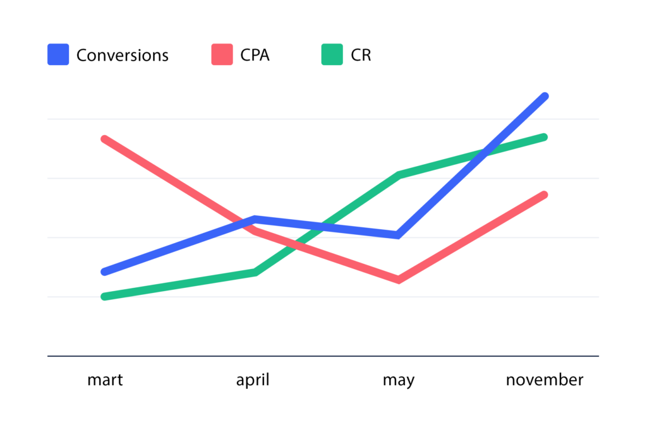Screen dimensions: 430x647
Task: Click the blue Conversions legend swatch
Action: [x=58, y=55]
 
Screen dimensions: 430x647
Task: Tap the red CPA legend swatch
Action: [x=222, y=55]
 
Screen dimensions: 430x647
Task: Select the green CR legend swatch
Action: [x=332, y=55]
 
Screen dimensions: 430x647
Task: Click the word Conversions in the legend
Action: [x=123, y=56]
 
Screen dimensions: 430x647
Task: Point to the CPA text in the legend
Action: [x=255, y=56]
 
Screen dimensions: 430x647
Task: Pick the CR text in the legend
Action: [x=361, y=56]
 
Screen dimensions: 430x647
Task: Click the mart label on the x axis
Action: [x=105, y=380]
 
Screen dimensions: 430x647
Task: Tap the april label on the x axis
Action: [x=253, y=380]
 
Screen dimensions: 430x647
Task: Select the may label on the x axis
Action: [x=399, y=380]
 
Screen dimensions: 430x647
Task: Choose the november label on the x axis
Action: [x=545, y=380]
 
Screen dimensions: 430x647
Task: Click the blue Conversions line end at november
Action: [x=544, y=97]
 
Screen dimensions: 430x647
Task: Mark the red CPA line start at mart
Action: [x=104, y=139]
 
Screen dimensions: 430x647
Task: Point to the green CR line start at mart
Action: [x=104, y=296]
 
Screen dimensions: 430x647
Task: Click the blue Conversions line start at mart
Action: [x=104, y=272]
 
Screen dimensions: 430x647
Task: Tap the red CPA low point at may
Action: [x=399, y=280]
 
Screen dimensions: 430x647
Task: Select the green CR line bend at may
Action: [x=399, y=174]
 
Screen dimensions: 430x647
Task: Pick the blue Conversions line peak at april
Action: [x=254, y=219]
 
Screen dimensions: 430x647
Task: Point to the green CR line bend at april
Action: [x=255, y=272]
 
